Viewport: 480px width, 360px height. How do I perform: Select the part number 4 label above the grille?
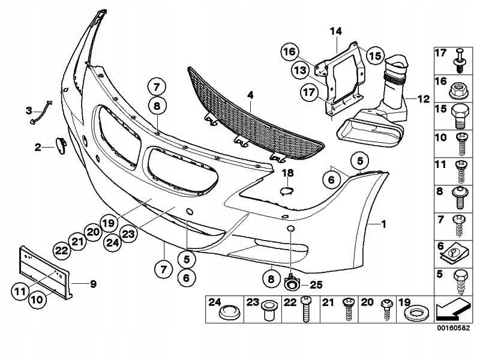coord(250,95)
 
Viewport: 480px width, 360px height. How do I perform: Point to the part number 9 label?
coord(93,283)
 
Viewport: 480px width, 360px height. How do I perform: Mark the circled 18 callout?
coord(288,173)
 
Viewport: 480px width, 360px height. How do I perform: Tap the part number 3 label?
coord(28,110)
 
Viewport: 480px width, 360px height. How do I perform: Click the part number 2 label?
coord(37,146)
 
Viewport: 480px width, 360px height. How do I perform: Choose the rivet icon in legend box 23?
coord(268,311)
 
